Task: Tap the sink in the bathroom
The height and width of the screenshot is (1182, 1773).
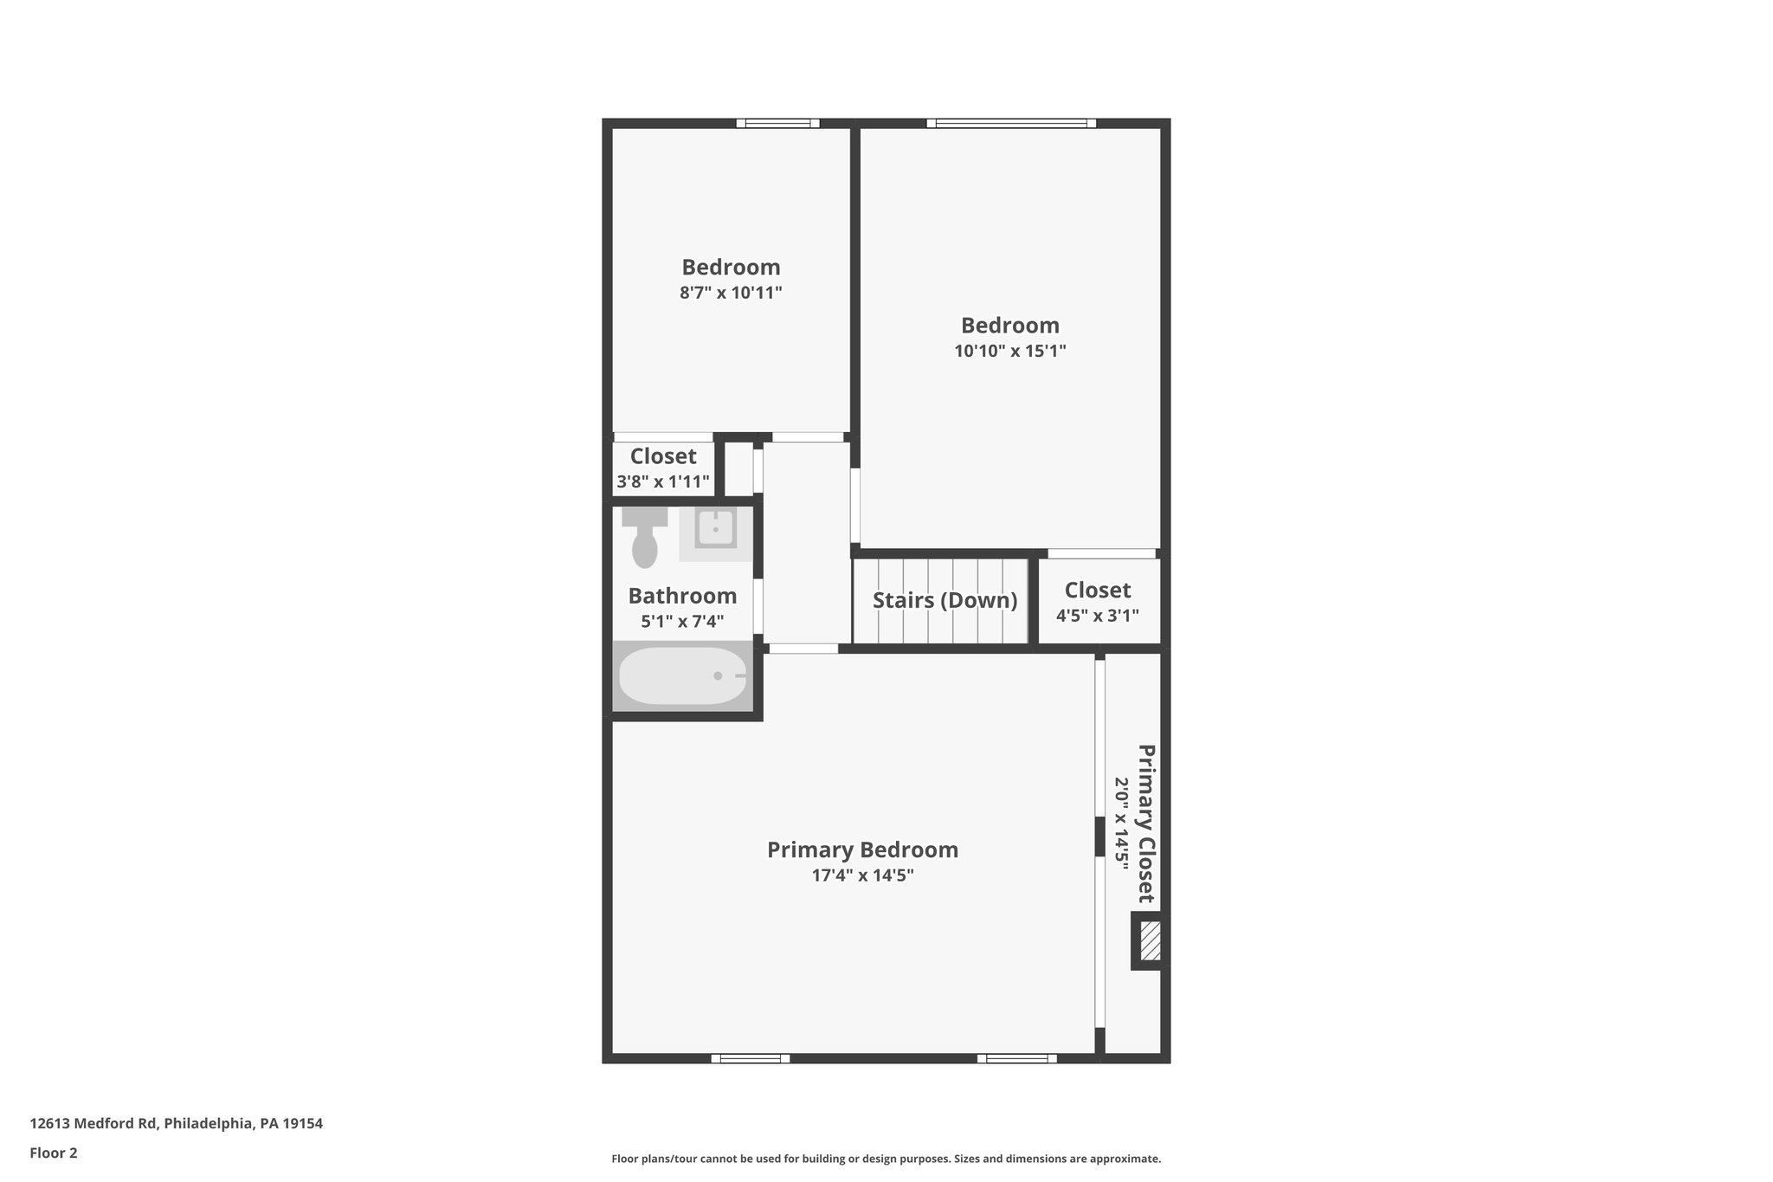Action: click(715, 528)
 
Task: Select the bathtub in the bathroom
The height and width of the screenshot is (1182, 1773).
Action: click(682, 676)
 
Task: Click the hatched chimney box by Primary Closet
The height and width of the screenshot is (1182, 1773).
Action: click(1150, 940)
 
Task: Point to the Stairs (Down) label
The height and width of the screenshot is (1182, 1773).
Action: click(945, 600)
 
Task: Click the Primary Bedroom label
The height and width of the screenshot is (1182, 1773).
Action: click(862, 849)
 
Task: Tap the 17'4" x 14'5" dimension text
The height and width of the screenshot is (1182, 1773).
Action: click(862, 875)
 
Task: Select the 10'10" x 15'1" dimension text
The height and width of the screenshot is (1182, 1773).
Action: click(1009, 351)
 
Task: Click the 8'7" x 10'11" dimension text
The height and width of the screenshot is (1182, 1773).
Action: click(731, 293)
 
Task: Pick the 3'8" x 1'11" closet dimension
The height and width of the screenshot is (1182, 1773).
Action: click(663, 481)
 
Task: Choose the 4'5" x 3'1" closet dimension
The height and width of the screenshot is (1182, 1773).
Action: click(1097, 616)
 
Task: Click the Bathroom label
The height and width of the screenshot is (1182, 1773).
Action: click(682, 596)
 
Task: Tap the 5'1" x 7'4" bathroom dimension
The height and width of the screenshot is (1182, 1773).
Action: click(682, 621)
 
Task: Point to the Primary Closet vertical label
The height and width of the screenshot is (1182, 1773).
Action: click(1145, 823)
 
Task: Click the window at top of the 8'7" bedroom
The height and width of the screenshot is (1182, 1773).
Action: click(777, 123)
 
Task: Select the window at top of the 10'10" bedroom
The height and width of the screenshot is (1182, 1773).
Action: click(1010, 123)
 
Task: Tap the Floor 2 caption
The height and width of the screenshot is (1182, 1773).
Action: click(54, 1153)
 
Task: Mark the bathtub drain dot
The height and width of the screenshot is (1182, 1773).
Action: click(718, 675)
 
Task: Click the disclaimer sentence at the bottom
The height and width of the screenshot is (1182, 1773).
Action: click(886, 1159)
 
